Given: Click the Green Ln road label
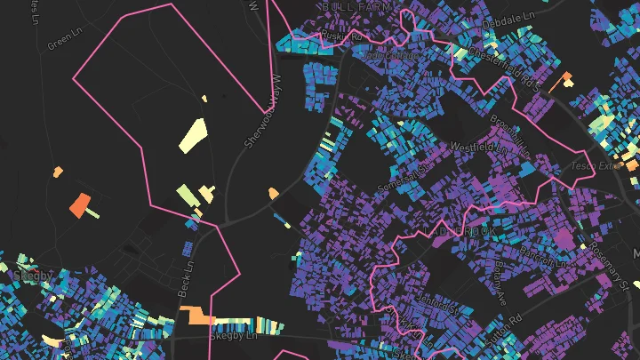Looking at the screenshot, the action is coord(64,41).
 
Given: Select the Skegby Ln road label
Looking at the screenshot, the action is coord(232,337).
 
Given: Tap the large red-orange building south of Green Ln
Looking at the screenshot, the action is coord(81,204).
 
